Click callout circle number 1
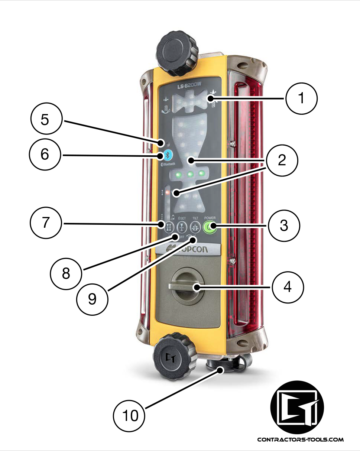coord(301,99)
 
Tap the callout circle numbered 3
coord(284,225)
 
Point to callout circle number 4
coord(288,287)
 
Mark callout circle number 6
coord(45,154)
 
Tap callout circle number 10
coord(130,415)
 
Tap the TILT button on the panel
coord(195,226)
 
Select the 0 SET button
coord(182,226)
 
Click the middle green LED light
coord(191,173)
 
